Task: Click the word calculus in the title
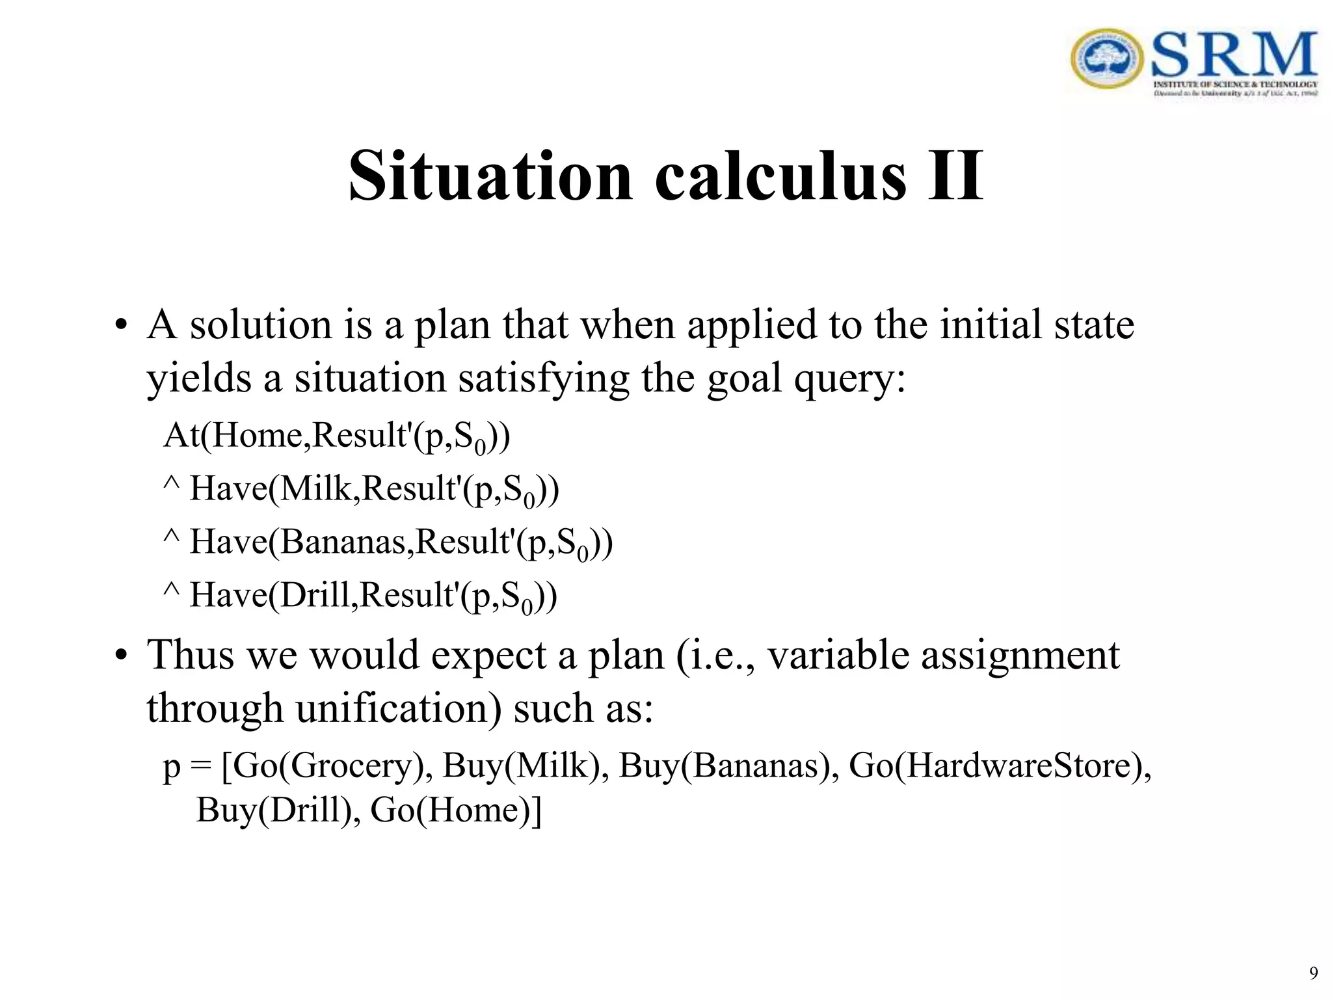point(780,176)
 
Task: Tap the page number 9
point(1313,973)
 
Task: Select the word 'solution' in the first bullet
point(261,325)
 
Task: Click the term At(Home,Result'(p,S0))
point(336,436)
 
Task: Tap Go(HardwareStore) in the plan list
point(999,766)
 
